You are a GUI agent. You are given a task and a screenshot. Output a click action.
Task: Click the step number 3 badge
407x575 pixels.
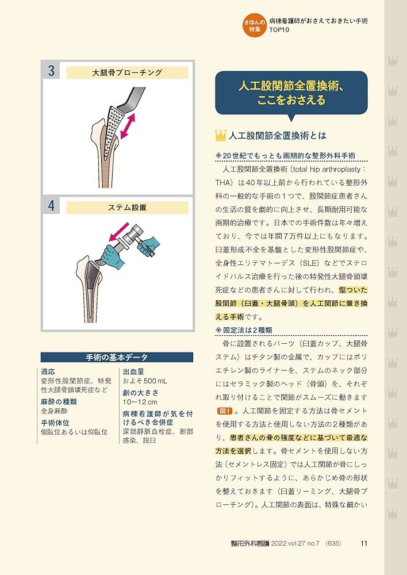(51, 72)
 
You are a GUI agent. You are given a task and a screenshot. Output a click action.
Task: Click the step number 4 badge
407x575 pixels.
(51, 206)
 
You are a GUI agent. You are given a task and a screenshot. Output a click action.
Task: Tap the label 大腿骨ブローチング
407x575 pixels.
(127, 73)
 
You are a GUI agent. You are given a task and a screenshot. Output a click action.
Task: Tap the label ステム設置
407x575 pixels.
(127, 207)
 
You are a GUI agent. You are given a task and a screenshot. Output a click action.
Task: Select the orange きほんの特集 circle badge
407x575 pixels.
(253, 26)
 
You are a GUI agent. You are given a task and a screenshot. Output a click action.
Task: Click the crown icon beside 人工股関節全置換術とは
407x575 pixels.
(220, 136)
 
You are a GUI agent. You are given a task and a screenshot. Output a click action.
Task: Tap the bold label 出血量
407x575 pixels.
(133, 371)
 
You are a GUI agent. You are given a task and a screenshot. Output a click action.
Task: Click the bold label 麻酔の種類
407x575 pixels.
(59, 402)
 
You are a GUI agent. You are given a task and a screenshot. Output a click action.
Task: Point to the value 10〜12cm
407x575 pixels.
(140, 402)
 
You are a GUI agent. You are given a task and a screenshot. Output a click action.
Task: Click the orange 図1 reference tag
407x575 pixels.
(225, 411)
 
